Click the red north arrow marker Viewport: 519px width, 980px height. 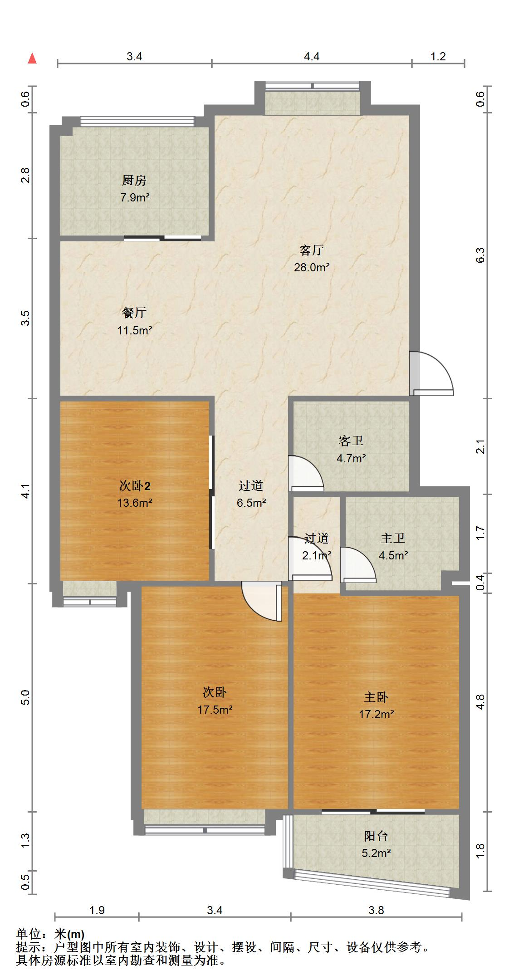click(x=32, y=59)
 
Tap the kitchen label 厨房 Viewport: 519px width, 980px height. click(x=134, y=181)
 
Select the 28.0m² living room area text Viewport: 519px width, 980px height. click(x=311, y=267)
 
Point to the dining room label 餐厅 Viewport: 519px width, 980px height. click(x=134, y=313)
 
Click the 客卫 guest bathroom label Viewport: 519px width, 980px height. click(x=351, y=441)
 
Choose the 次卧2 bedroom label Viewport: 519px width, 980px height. click(x=134, y=486)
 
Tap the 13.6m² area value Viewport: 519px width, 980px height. click(x=134, y=503)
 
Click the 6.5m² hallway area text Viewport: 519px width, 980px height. click(x=251, y=503)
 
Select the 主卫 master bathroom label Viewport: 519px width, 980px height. click(x=393, y=538)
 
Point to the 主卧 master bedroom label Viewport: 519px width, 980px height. click(x=376, y=697)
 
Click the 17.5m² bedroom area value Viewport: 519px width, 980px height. click(x=215, y=709)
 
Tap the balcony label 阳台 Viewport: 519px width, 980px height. click(x=376, y=836)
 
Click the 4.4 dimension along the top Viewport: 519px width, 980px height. click(x=311, y=56)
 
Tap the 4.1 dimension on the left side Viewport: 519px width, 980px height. click(x=26, y=491)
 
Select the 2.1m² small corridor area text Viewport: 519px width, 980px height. click(x=317, y=555)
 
